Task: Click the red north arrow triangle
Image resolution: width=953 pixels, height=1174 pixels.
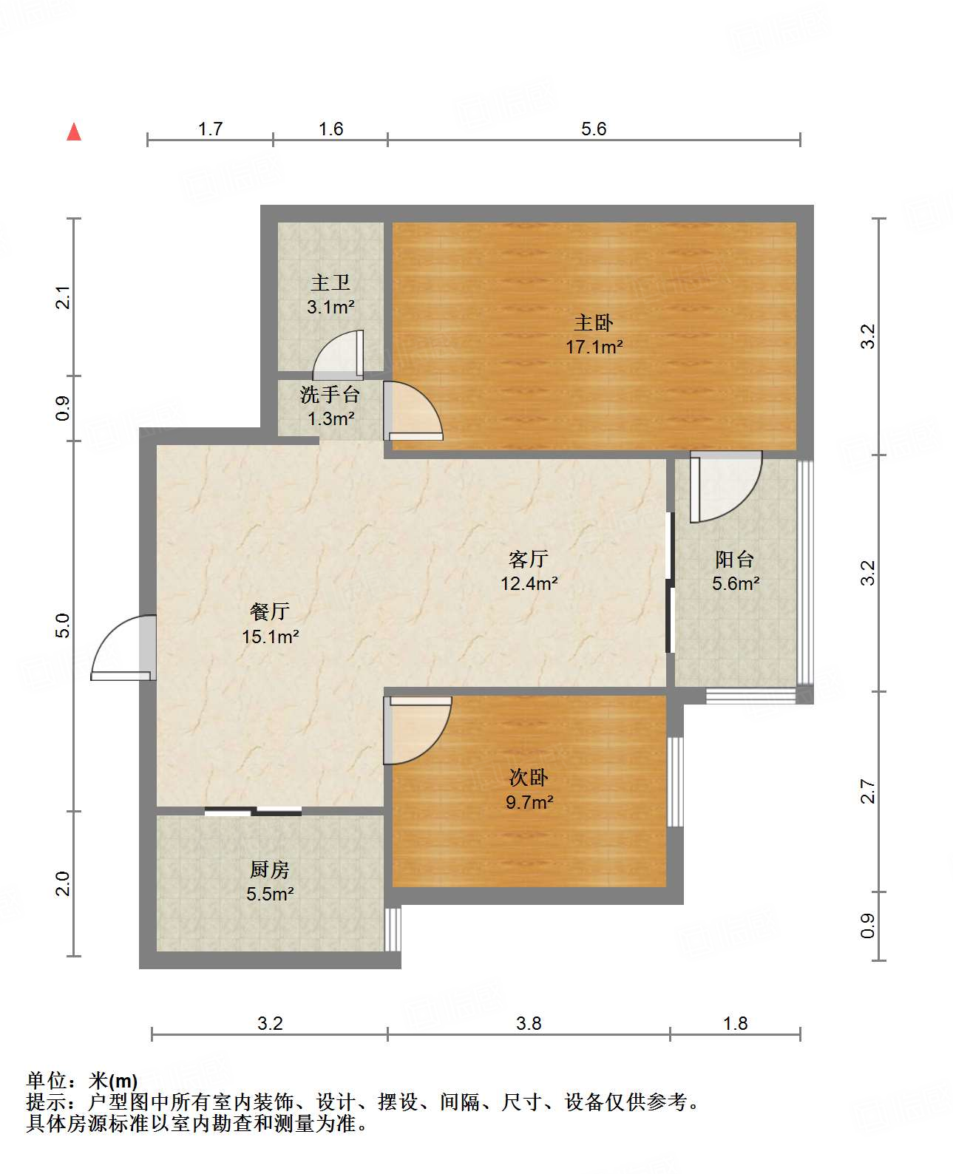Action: [x=74, y=132]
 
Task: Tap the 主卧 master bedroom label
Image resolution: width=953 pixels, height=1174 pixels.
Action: [x=593, y=323]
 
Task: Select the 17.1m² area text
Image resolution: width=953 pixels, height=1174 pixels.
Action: [x=594, y=347]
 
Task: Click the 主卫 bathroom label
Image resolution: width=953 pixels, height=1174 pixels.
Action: [x=330, y=282]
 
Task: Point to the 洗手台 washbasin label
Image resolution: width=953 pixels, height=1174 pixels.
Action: [x=330, y=394]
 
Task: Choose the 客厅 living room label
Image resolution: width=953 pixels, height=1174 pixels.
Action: [x=528, y=559]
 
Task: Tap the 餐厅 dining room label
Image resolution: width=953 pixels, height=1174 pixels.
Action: [x=270, y=611]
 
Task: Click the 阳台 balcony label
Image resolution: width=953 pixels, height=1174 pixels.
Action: [x=735, y=559]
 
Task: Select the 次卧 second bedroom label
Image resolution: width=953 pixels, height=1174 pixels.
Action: [x=528, y=777]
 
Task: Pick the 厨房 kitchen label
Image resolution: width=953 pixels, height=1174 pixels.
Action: [x=270, y=869]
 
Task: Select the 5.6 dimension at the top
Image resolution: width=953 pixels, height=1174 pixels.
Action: [x=594, y=129]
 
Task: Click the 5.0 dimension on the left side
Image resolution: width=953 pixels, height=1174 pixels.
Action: [x=64, y=625]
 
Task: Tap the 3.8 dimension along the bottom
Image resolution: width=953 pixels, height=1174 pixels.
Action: [x=529, y=1023]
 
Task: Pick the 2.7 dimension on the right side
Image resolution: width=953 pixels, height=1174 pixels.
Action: [x=867, y=791]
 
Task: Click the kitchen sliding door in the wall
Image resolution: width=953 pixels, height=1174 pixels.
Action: [x=253, y=811]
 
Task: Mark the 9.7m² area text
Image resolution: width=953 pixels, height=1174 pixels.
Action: [x=529, y=802]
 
